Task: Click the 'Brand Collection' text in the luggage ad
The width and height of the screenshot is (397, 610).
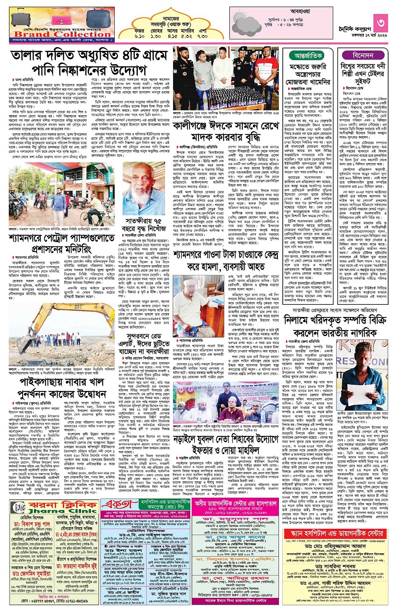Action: click(x=62, y=34)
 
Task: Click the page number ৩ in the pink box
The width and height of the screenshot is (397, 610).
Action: click(x=381, y=22)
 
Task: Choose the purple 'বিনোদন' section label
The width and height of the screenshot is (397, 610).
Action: click(x=363, y=55)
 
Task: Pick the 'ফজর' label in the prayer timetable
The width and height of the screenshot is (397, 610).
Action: click(x=139, y=31)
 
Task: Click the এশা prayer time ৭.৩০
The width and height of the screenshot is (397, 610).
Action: click(x=202, y=37)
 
